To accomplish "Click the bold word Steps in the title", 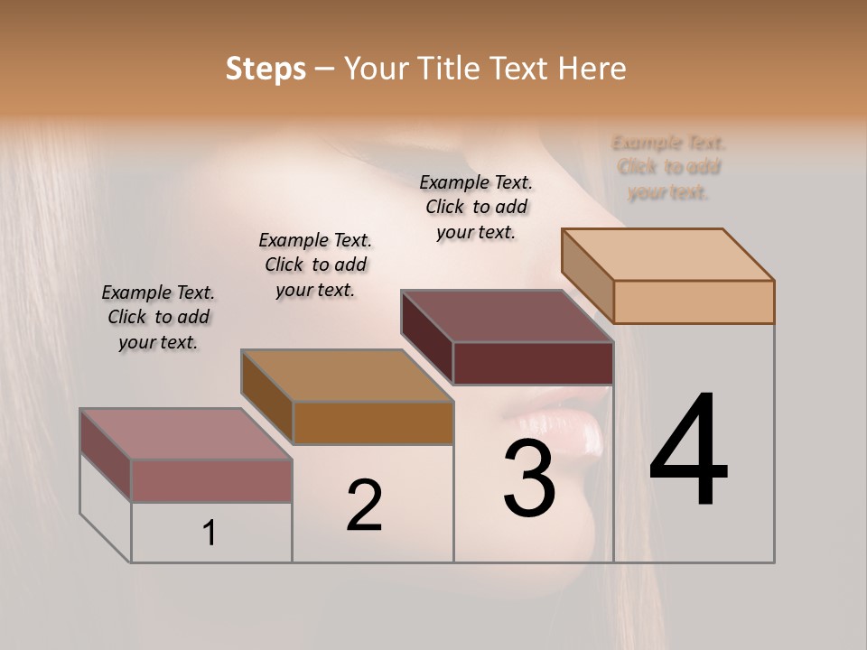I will pyautogui.click(x=266, y=69).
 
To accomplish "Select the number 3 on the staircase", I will pyautogui.click(x=529, y=478).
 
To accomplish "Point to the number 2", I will pyautogui.click(x=364, y=505).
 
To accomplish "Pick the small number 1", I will pyautogui.click(x=210, y=534).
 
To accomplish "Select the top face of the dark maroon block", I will pyautogui.click(x=507, y=316).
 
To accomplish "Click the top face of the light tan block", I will pyautogui.click(x=667, y=255).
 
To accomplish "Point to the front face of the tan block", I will pyautogui.click(x=694, y=302).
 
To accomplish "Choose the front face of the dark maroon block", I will pyautogui.click(x=533, y=363).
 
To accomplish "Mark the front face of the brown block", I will pyautogui.click(x=373, y=422).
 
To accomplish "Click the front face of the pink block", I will pyautogui.click(x=211, y=480).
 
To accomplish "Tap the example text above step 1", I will pyautogui.click(x=158, y=317).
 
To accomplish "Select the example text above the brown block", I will pyautogui.click(x=315, y=265).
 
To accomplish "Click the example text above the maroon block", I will pyautogui.click(x=476, y=207).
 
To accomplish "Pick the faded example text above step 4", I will pyautogui.click(x=668, y=167).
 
